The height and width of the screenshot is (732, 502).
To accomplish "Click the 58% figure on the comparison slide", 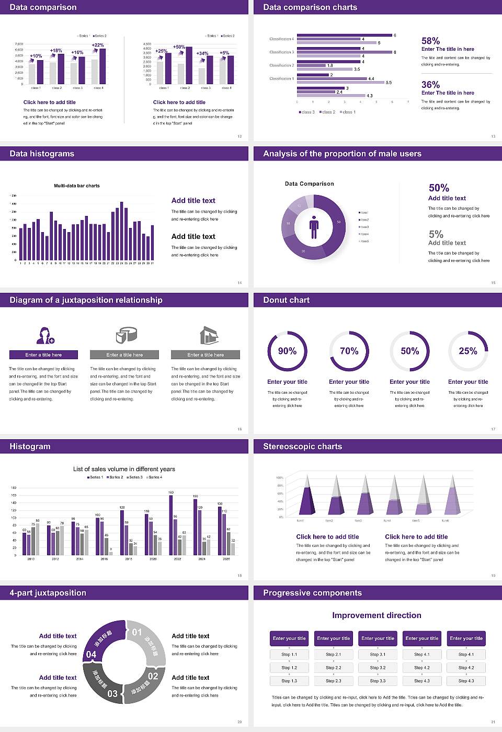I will pyautogui.click(x=430, y=41).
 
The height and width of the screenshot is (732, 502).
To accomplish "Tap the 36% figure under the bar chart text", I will pyautogui.click(x=430, y=85).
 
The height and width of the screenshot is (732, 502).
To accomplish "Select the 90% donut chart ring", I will pyautogui.click(x=287, y=351).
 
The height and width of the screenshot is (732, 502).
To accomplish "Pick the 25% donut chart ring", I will pyautogui.click(x=468, y=351).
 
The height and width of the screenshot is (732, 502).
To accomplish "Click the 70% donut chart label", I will pyautogui.click(x=349, y=351).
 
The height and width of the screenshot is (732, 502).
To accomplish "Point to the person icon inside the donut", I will pyautogui.click(x=314, y=227).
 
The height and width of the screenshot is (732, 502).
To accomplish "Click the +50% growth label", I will pyautogui.click(x=179, y=47).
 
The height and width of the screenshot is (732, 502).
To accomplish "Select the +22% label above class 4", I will pyautogui.click(x=98, y=45).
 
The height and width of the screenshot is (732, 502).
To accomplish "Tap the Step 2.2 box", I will pyautogui.click(x=334, y=668).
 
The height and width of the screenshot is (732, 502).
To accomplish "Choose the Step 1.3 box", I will pyautogui.click(x=289, y=681).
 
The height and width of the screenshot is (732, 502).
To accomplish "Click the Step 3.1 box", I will pyautogui.click(x=378, y=655).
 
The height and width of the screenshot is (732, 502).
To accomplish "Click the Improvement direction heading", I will pyautogui.click(x=376, y=615).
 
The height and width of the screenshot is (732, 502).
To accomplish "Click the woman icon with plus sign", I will pyautogui.click(x=45, y=335).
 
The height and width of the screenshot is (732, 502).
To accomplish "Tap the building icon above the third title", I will pyautogui.click(x=209, y=335).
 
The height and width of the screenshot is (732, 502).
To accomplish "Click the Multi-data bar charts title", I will pyautogui.click(x=77, y=186).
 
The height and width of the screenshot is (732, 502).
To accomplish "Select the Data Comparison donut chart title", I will pyautogui.click(x=309, y=184).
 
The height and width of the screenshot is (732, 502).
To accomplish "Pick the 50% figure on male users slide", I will pyautogui.click(x=439, y=188).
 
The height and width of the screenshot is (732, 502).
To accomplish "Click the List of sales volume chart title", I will pyautogui.click(x=124, y=469).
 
